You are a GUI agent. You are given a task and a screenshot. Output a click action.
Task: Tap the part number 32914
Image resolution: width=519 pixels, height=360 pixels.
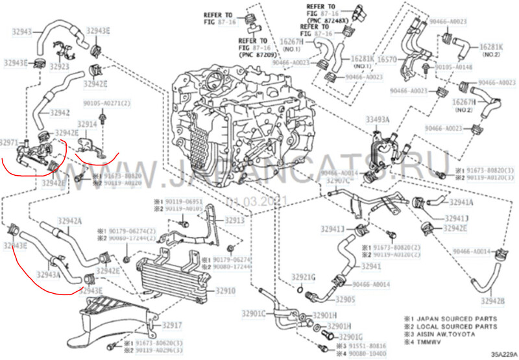88,123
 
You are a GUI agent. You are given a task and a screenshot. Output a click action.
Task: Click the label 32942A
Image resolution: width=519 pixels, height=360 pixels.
71,221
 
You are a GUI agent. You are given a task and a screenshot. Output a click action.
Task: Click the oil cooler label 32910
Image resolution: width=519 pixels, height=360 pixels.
225,291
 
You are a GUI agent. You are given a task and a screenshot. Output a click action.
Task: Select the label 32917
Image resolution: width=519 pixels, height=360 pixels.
172,324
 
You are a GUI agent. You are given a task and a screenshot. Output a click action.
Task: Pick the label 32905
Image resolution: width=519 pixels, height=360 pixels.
345,300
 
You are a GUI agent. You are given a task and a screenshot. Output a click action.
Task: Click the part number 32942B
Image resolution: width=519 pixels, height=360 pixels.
493,300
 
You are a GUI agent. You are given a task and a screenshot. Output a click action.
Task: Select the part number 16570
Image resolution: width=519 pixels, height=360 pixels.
387,59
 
